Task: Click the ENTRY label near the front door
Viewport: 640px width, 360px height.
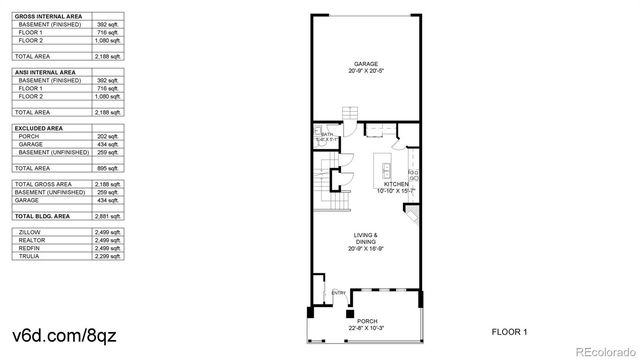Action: pyautogui.click(x=338, y=292)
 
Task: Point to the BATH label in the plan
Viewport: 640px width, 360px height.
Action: pyautogui.click(x=326, y=133)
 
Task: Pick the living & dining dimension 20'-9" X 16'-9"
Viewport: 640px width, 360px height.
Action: pyautogui.click(x=364, y=249)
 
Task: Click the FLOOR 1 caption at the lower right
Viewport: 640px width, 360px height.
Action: pyautogui.click(x=509, y=330)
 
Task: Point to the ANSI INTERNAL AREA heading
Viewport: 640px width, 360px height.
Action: pyautogui.click(x=46, y=73)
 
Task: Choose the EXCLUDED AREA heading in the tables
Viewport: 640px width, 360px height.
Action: pyautogui.click(x=38, y=128)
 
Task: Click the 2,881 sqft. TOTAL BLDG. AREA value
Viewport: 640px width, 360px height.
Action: pyautogui.click(x=108, y=215)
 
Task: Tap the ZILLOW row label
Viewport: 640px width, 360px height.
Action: pyautogui.click(x=29, y=233)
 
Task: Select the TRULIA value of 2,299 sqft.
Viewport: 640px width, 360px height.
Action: pyautogui.click(x=108, y=257)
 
